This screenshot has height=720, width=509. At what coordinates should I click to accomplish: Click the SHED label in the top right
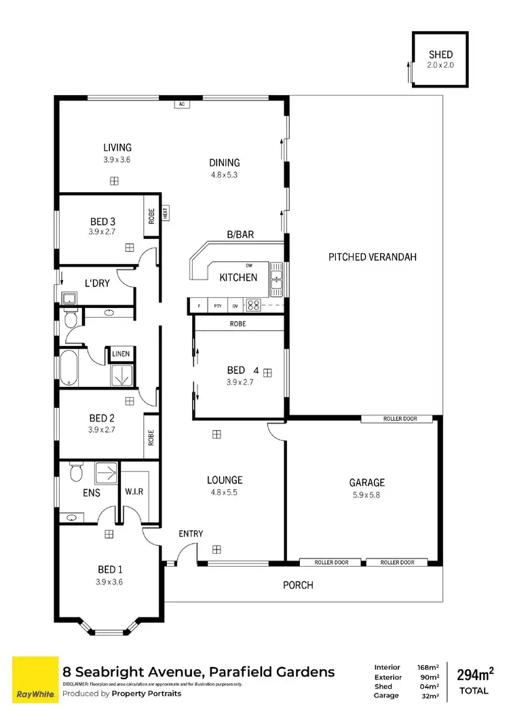pos(440,54)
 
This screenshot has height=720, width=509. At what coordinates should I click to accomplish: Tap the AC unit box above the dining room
pos(181,105)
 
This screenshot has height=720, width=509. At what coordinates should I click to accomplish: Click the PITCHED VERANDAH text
pos(372,257)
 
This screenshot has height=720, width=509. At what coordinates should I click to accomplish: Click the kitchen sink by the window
pos(276,280)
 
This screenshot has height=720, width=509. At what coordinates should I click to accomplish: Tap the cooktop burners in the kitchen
pos(253,305)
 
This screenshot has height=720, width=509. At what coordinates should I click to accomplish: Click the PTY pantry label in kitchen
pos(217,306)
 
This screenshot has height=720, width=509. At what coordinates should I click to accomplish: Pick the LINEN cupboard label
pos(121,354)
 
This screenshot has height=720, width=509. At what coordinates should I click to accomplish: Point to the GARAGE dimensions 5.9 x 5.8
pos(367,495)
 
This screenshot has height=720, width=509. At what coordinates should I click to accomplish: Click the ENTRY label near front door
pos(191,533)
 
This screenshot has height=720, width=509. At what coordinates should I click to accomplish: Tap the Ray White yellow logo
pos(32,680)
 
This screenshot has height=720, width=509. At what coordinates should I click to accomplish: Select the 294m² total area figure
pos(475,675)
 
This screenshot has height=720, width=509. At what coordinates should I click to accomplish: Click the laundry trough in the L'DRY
pos(69,297)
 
